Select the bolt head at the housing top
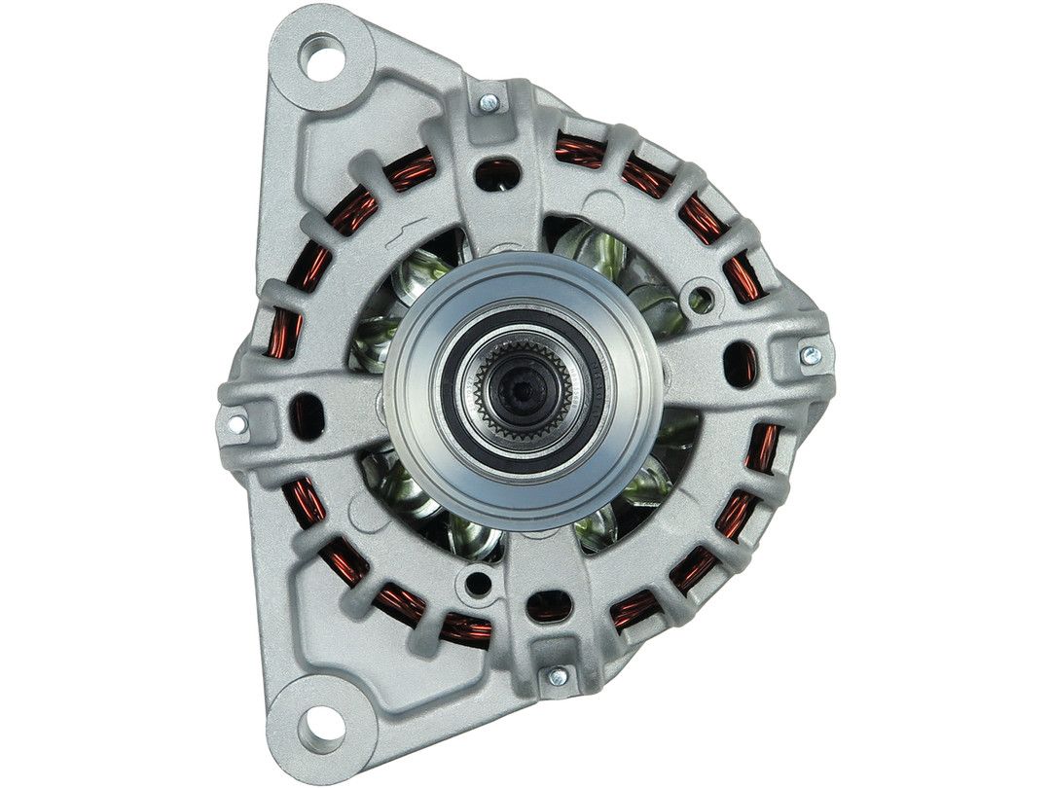pos(489,102)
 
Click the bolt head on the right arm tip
pos(810,355)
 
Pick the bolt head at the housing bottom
pos(558,676)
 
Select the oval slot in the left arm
pos(307,411)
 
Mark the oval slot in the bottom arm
pos(548,605)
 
